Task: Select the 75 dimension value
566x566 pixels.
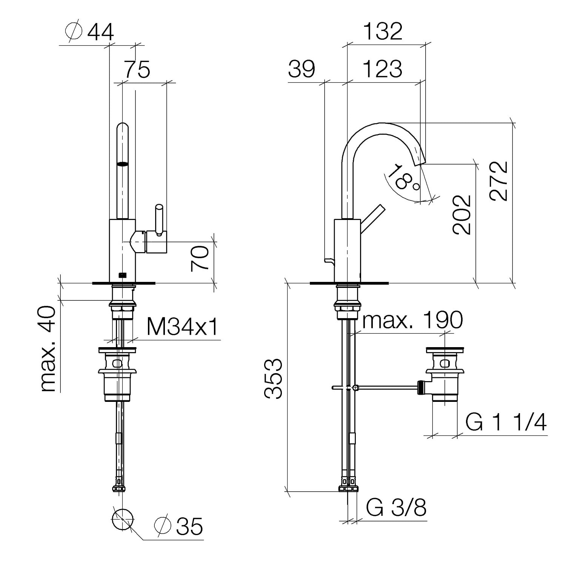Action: click(x=137, y=69)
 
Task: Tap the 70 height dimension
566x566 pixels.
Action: click(x=200, y=258)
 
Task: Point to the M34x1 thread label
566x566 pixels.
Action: click(x=182, y=327)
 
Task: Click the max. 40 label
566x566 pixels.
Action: click(x=48, y=349)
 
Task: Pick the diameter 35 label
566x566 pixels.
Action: click(x=179, y=526)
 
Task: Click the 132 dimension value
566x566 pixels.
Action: click(x=383, y=31)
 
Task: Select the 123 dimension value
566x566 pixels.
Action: click(x=383, y=69)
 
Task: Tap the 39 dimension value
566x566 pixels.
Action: click(x=301, y=69)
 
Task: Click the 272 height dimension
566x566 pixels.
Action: click(x=499, y=181)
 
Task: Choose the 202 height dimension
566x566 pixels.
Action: click(x=462, y=215)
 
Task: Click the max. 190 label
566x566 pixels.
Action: click(x=412, y=320)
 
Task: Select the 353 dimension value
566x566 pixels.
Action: click(x=273, y=378)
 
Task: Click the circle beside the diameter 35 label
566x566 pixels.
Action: click(x=123, y=520)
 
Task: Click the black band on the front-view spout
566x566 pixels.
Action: click(x=123, y=164)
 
